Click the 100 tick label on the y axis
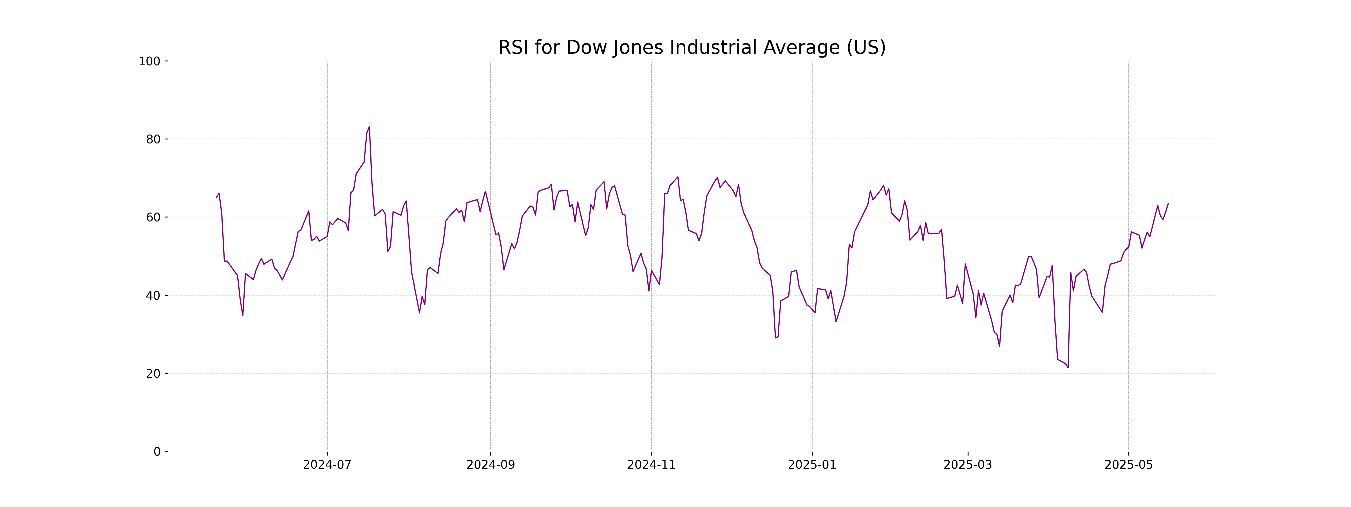tap(149, 61)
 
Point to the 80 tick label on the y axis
tap(153, 140)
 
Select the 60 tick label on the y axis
tap(153, 217)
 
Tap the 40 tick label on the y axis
tap(153, 295)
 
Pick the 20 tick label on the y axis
tap(153, 374)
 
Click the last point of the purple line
tap(1168, 203)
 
